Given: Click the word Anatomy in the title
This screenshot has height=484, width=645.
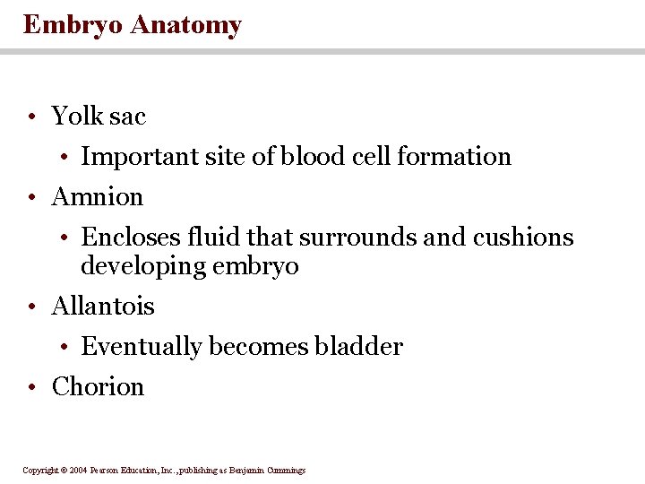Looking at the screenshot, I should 185,25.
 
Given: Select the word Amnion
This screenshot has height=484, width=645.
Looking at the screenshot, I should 98,196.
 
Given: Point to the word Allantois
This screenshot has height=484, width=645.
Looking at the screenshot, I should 103,306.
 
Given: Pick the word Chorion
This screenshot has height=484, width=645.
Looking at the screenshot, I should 98,386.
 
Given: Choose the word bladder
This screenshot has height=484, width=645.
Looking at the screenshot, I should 358,346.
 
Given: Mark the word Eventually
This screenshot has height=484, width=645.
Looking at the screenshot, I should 142,346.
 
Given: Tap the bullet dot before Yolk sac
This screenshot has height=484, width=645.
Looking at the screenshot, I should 31,117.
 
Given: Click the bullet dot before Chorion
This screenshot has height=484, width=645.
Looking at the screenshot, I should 31,388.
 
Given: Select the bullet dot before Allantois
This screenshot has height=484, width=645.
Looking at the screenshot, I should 31,307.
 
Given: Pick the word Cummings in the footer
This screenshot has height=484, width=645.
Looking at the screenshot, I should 286,471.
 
